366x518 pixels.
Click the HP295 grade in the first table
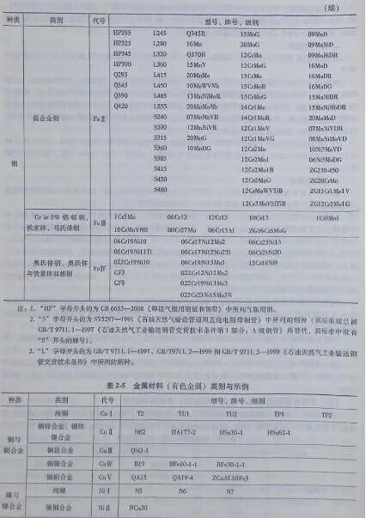click(x=123, y=32)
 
